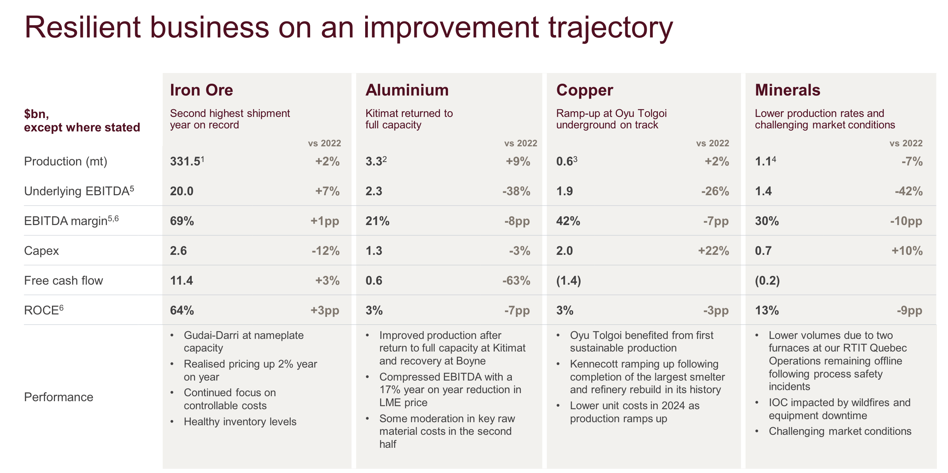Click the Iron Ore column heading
201,90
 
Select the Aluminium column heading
407,90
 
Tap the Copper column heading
584,90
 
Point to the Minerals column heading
788,90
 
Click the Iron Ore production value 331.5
185,161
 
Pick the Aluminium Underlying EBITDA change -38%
516,191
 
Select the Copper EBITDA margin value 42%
568,221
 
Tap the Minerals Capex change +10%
907,251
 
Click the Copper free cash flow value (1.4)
568,280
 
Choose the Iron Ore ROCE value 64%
182,310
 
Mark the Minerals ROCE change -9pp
909,310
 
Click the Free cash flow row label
63,280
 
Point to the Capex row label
41,251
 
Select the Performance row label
58,397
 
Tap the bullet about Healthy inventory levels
240,421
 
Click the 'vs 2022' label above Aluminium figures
521,143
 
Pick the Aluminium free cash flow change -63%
516,280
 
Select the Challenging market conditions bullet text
840,431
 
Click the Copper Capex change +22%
713,251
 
